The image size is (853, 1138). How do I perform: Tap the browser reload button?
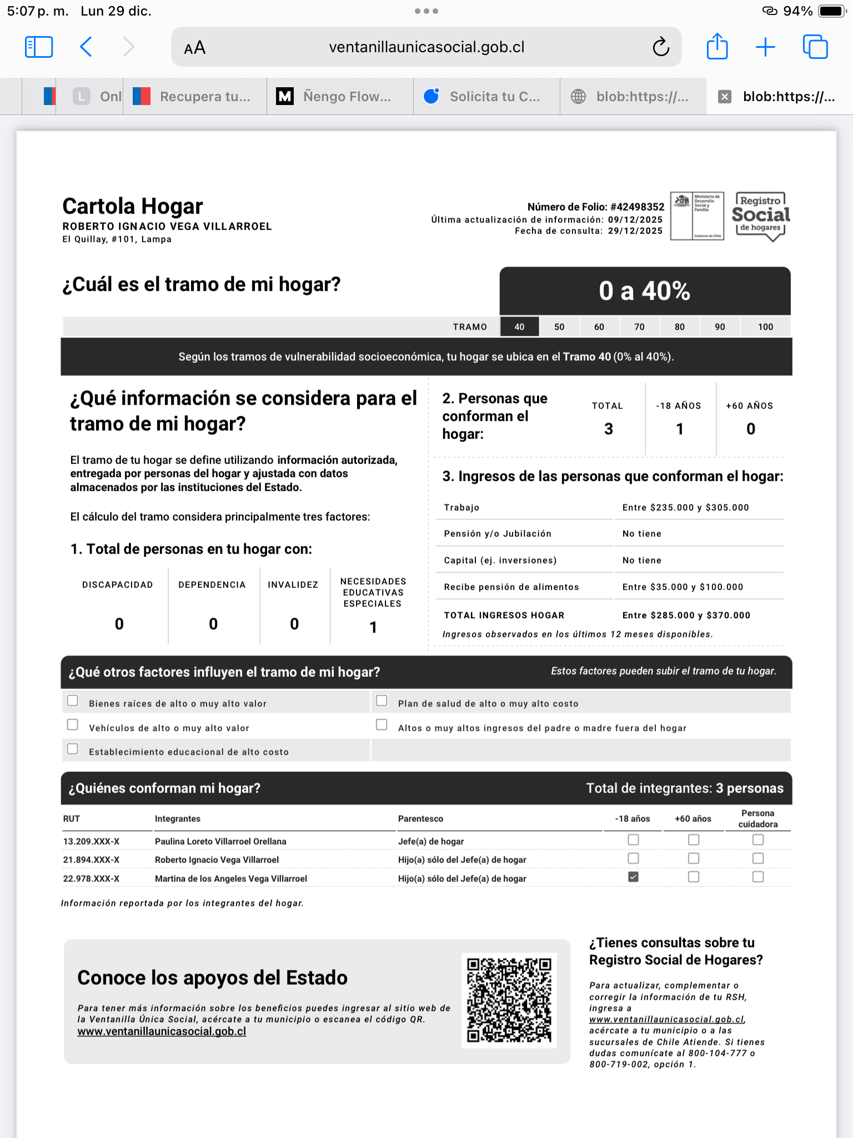coord(661,47)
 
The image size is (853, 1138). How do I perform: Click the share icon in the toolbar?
coord(717,46)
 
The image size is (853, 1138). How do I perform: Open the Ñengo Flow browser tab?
coord(340,97)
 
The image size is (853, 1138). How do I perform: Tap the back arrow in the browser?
coord(86,47)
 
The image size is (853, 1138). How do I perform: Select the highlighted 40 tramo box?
coord(519,327)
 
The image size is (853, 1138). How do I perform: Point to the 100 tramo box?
coord(765,327)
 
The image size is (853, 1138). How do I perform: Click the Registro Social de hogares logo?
coord(760,216)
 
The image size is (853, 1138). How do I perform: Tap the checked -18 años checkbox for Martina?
coord(633,877)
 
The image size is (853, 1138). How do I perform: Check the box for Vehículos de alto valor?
coord(73,725)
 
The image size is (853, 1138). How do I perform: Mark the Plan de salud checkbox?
coord(382,701)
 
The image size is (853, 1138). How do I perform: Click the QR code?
coord(509,1000)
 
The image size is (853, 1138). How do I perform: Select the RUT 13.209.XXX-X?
coord(91,841)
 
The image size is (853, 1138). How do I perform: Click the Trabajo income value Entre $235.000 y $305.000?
coord(685,507)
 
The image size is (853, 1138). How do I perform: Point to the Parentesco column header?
coord(420,818)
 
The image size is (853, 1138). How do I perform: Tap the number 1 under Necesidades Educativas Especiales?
coord(373,627)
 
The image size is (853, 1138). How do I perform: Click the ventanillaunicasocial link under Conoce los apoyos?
coord(162,1031)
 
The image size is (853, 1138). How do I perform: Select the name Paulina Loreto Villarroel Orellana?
coord(220,841)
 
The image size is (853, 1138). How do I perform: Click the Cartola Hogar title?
coord(133,206)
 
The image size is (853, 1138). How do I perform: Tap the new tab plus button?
coord(765,47)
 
